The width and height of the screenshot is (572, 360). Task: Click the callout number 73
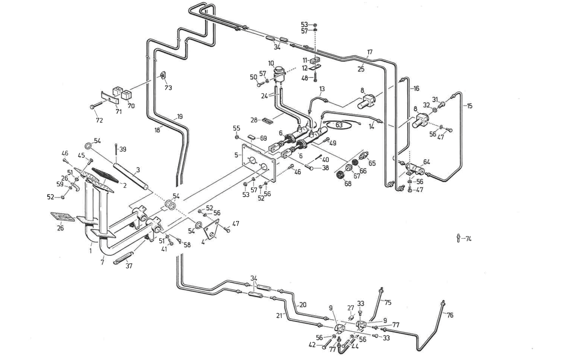point(168,88)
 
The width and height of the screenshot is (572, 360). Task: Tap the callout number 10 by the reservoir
point(271,63)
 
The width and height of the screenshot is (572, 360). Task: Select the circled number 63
point(339,125)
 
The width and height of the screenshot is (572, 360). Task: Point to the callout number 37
point(129,266)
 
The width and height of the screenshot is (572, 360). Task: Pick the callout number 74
point(468,239)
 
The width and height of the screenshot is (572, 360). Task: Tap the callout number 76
point(450,315)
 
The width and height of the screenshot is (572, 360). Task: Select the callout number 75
point(388,303)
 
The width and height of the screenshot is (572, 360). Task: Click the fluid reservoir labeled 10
point(279,74)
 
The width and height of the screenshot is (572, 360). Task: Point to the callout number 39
point(123,150)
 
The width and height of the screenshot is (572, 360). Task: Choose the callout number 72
point(99,120)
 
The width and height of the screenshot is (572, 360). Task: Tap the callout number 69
point(263,138)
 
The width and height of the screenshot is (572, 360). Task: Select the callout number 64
point(426,162)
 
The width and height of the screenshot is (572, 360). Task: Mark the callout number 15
point(469,106)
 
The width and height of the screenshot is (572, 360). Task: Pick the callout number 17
point(370,53)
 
